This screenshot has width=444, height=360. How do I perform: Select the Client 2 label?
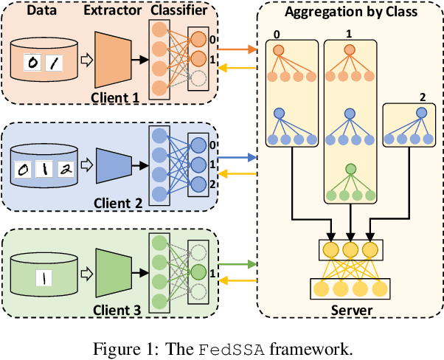[119, 204]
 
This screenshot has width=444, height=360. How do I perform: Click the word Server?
[351, 310]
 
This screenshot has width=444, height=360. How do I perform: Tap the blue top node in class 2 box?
[421, 113]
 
